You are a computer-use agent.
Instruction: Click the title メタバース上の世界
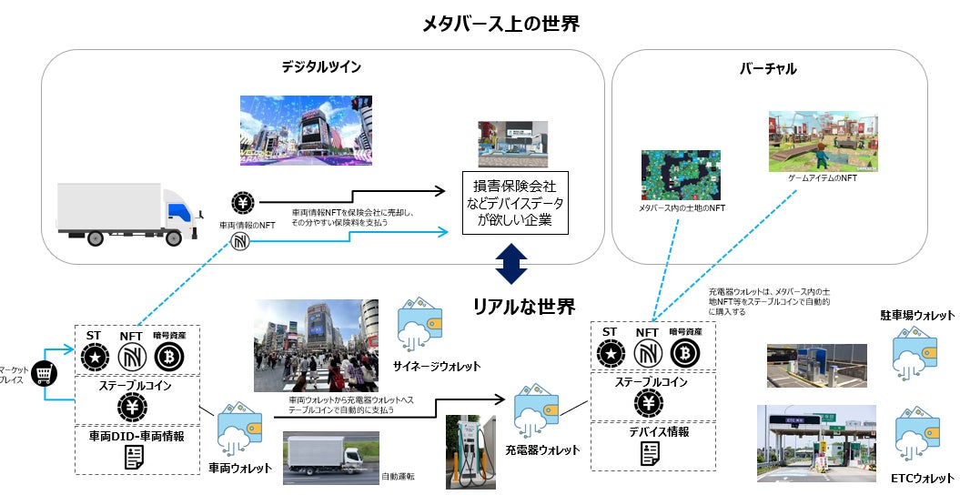tap(500, 24)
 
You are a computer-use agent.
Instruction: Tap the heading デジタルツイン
tap(320, 66)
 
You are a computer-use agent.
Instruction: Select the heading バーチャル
tap(768, 68)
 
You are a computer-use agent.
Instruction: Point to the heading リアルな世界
tap(523, 306)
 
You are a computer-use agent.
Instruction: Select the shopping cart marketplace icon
tap(42, 372)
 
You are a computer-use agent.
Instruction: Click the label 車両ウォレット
tap(239, 469)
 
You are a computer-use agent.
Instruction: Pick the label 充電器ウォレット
tap(542, 450)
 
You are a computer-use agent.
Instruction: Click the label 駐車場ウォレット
tap(917, 315)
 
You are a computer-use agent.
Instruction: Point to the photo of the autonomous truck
tap(329, 459)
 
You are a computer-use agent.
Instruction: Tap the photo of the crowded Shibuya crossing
tap(316, 345)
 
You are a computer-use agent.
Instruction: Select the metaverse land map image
tap(681, 176)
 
